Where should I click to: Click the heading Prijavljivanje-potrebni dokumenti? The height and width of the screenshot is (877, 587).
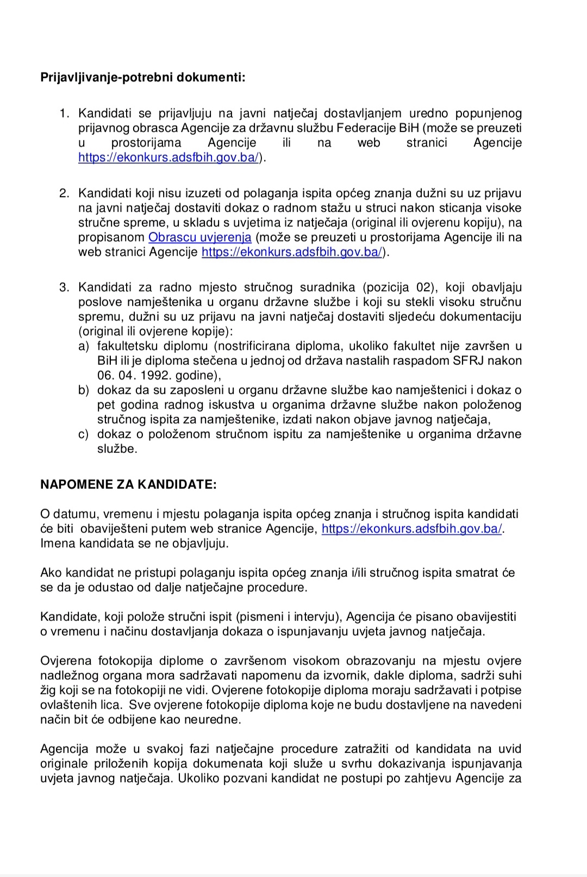click(143, 77)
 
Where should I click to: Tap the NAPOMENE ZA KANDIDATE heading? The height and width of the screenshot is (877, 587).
click(128, 484)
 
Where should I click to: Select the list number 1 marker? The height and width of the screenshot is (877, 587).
click(64, 113)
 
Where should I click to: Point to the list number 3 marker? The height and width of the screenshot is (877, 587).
click(64, 287)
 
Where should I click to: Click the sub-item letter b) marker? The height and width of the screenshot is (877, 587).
click(83, 390)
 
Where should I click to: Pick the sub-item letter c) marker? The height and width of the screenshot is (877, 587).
click(83, 434)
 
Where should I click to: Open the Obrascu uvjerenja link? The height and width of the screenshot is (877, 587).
click(200, 237)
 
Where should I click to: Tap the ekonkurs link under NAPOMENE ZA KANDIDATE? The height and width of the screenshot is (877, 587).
click(413, 528)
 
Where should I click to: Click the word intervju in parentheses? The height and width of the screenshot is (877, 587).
click(317, 617)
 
